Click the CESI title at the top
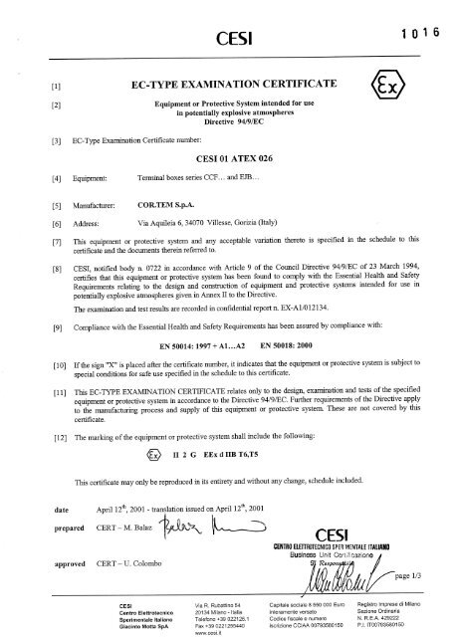click(228, 40)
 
